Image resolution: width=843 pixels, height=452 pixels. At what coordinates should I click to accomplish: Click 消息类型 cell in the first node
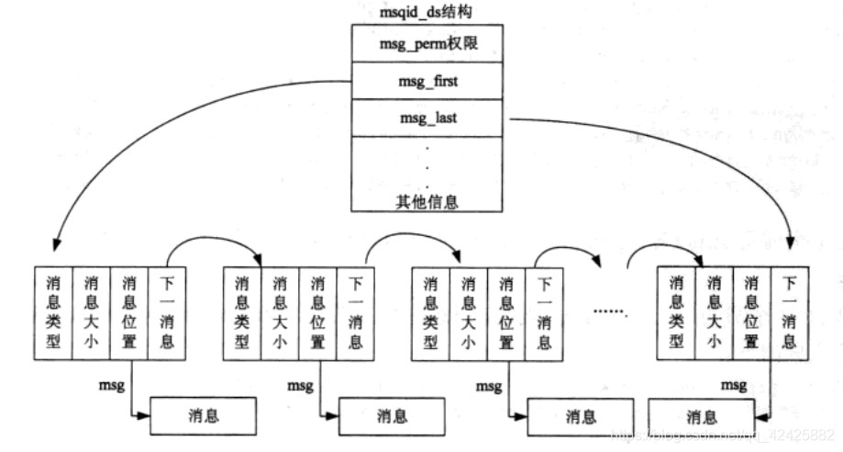pos(52,313)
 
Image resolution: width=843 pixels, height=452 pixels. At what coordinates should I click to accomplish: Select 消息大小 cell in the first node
pos(90,313)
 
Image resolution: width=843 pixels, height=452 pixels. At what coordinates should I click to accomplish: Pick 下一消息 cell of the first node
pos(166,313)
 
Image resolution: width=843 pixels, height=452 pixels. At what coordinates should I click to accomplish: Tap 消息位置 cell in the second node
pos(317,313)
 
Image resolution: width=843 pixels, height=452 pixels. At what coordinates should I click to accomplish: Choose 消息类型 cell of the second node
pos(242,313)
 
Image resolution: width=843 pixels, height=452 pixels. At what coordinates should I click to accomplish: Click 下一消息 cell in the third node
pos(544,313)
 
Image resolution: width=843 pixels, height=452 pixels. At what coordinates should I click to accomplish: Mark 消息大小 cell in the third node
pos(469,313)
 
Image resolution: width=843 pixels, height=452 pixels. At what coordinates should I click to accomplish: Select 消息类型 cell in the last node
pos(677,313)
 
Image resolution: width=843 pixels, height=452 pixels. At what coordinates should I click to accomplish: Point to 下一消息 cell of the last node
pos(789,313)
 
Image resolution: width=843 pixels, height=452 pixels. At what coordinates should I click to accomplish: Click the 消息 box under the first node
pos(199,416)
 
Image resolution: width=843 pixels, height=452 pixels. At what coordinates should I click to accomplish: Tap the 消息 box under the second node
pos(389,416)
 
